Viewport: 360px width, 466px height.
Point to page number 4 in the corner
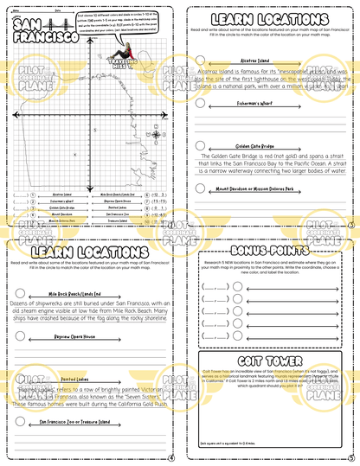[x=172, y=458]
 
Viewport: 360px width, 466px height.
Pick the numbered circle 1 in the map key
[x=33, y=195]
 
